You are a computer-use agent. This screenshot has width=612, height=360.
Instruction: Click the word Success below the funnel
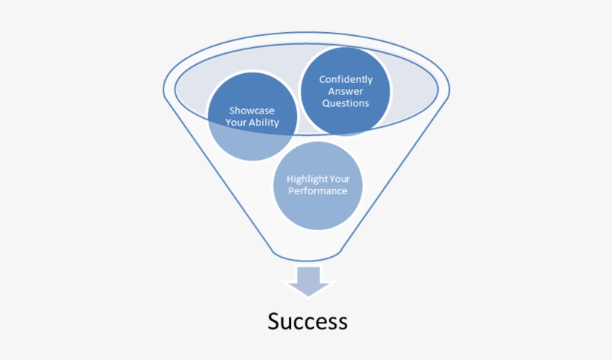tap(307, 321)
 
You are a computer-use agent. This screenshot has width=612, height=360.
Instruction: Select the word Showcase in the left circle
tap(252, 111)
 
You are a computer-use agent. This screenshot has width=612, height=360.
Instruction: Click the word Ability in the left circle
tap(264, 122)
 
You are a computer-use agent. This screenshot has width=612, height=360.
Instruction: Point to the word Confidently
tap(346, 79)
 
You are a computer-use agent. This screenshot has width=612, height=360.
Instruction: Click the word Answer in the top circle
tap(346, 91)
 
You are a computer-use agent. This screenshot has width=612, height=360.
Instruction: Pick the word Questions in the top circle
tap(346, 103)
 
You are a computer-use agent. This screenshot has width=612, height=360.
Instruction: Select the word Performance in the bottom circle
tap(319, 191)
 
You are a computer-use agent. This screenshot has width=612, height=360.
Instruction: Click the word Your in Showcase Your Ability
tap(237, 122)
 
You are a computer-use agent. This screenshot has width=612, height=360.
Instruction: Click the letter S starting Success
tap(274, 321)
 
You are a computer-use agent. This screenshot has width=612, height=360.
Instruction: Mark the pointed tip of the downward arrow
tap(308, 296)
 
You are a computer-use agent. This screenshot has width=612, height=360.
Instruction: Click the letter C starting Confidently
tap(322, 79)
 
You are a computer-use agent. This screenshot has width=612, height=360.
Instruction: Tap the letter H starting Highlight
tap(290, 179)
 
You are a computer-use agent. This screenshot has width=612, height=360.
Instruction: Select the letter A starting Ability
tap(252, 122)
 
